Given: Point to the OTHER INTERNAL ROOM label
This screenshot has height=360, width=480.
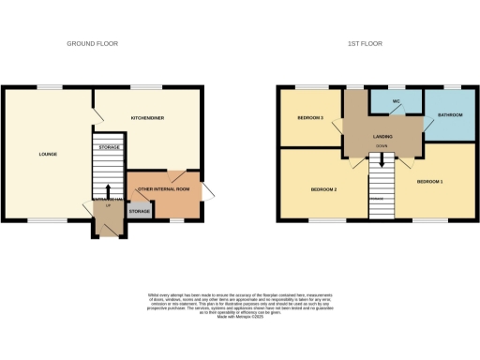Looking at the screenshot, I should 164,189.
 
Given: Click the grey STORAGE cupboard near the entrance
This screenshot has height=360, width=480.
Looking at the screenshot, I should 139,212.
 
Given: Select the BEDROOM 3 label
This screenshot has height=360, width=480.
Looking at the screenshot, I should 310,118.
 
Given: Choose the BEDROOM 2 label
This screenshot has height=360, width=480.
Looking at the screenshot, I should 323,189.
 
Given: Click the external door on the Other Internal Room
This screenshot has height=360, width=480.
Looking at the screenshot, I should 208,192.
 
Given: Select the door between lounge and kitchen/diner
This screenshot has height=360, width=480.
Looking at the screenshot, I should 97,113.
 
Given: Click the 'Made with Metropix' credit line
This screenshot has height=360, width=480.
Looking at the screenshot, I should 240,317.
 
